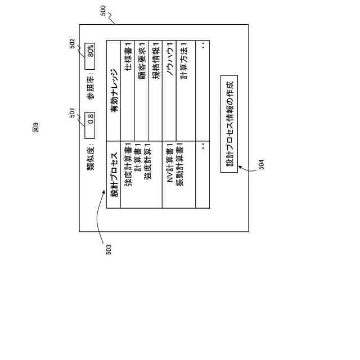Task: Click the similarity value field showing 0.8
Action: [91, 119]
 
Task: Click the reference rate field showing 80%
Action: [91, 51]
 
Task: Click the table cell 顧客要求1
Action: [142, 59]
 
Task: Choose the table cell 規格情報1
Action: [156, 59]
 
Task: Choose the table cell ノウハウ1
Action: [169, 60]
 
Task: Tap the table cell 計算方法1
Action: [183, 59]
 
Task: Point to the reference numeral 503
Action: [109, 249]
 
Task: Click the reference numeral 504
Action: [261, 164]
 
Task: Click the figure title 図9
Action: [35, 128]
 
